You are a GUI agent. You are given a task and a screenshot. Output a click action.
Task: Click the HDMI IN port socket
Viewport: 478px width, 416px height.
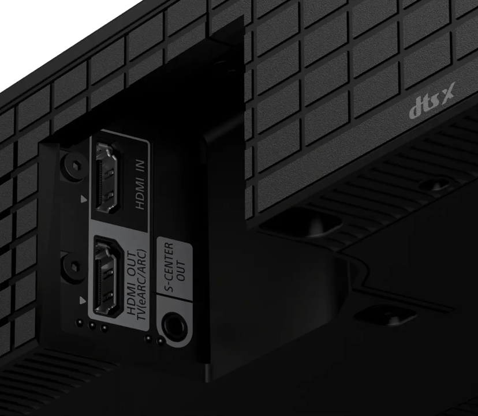coord(107,177)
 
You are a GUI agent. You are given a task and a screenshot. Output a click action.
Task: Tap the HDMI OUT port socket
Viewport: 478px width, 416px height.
coord(106,276)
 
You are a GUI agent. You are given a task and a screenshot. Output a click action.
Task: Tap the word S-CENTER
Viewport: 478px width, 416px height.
coord(169,267)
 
